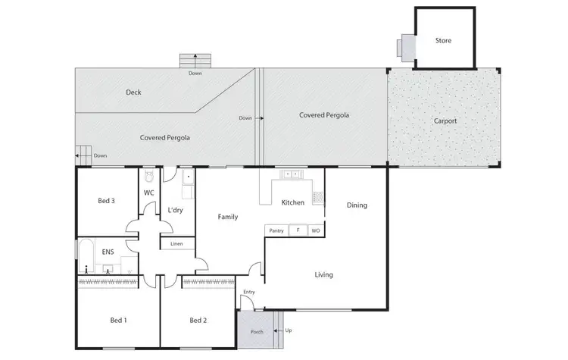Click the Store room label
443,40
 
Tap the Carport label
445,121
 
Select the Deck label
133,92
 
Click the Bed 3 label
107,201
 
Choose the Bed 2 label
198,321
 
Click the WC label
149,193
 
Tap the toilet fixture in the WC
149,177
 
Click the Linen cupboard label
176,243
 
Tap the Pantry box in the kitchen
276,230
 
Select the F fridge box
298,230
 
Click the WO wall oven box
316,230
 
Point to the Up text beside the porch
288,330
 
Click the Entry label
248,292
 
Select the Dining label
357,205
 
